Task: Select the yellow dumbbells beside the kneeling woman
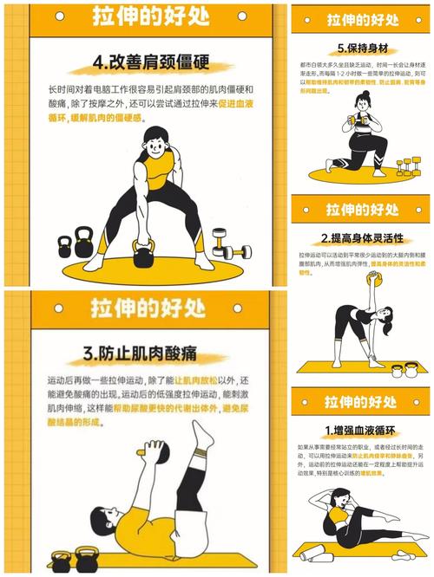pyautogui.click(x=404, y=165)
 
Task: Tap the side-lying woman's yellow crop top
pyautogui.click(x=339, y=520)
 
